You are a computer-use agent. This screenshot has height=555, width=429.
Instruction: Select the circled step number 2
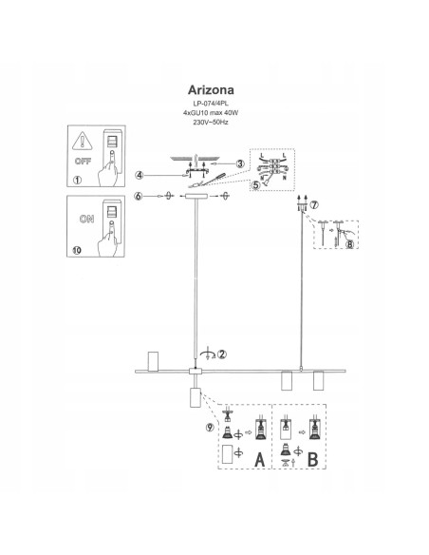pos(222,354)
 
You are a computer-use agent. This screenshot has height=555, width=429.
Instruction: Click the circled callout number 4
pos(139,175)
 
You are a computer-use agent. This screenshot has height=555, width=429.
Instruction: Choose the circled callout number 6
pos(139,196)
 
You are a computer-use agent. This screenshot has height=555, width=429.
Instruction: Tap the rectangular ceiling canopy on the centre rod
pos(197,197)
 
